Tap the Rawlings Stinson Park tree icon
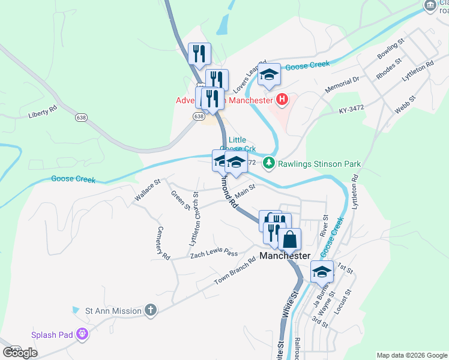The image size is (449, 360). coord(270,163)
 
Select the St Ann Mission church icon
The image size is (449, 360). coord(150,310)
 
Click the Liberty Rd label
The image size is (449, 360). coord(42,111)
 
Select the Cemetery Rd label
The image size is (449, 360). coord(160,242)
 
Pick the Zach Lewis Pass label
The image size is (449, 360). coord(214,254)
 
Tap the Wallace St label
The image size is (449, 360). coord(148,189)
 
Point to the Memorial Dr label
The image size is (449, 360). coord(342,83)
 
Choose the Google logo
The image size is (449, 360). coord(20,352)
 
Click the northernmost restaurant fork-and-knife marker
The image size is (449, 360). coord(198,53)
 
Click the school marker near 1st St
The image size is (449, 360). coord(322,272)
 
